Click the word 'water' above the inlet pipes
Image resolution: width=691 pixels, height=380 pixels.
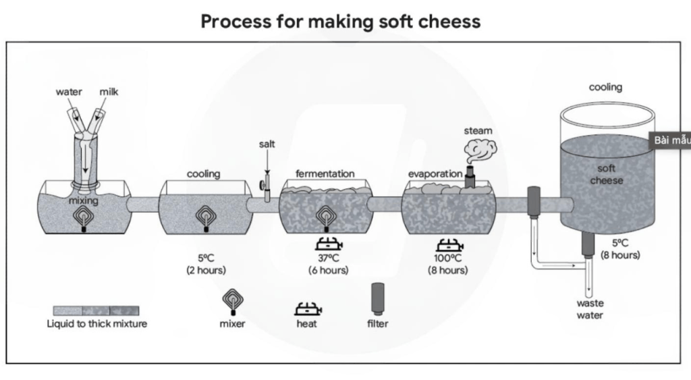[x=69, y=92]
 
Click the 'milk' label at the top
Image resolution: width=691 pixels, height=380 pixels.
[x=109, y=92]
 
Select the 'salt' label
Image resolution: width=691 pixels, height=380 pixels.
[x=267, y=144]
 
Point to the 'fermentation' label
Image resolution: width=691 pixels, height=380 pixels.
[x=325, y=173]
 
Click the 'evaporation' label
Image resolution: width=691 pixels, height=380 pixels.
[x=435, y=173]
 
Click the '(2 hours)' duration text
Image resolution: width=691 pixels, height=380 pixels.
[x=206, y=271]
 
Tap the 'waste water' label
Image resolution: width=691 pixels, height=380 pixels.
[x=590, y=309]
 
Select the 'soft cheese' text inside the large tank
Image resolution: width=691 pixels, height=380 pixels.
[x=607, y=174]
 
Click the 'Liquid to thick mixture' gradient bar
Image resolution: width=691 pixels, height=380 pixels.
[x=96, y=310]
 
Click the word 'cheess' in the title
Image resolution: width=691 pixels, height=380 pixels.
[x=447, y=22]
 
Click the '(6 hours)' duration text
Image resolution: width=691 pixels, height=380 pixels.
[x=324, y=271]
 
